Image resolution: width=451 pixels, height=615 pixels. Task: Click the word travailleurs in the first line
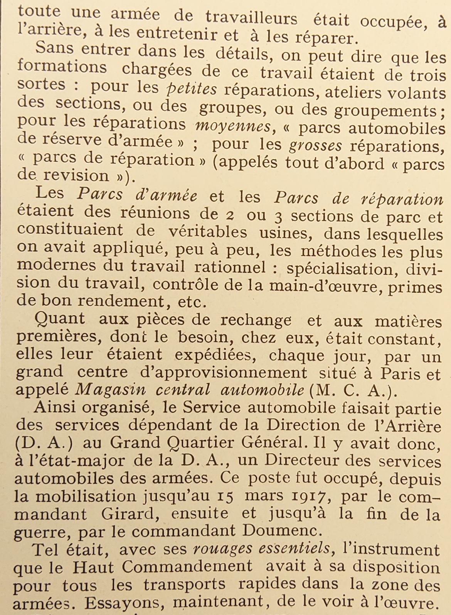click(251, 18)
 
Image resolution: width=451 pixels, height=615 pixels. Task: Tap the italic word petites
click(191, 89)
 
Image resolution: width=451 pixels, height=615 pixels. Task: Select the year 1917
click(309, 497)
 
